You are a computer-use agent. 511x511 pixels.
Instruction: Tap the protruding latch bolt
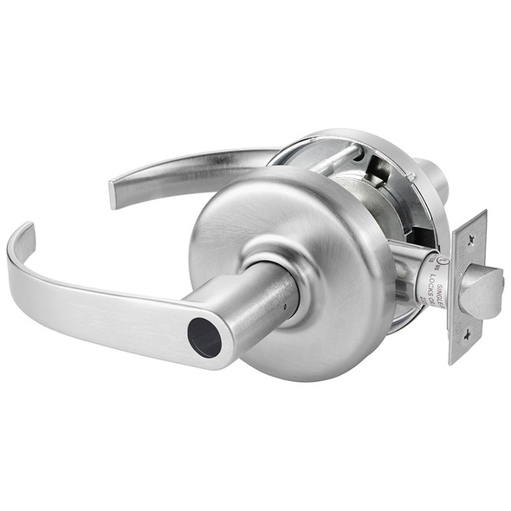pyautogui.click(x=482, y=292)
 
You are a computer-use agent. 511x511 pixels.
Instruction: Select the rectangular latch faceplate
pyautogui.click(x=466, y=286)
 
